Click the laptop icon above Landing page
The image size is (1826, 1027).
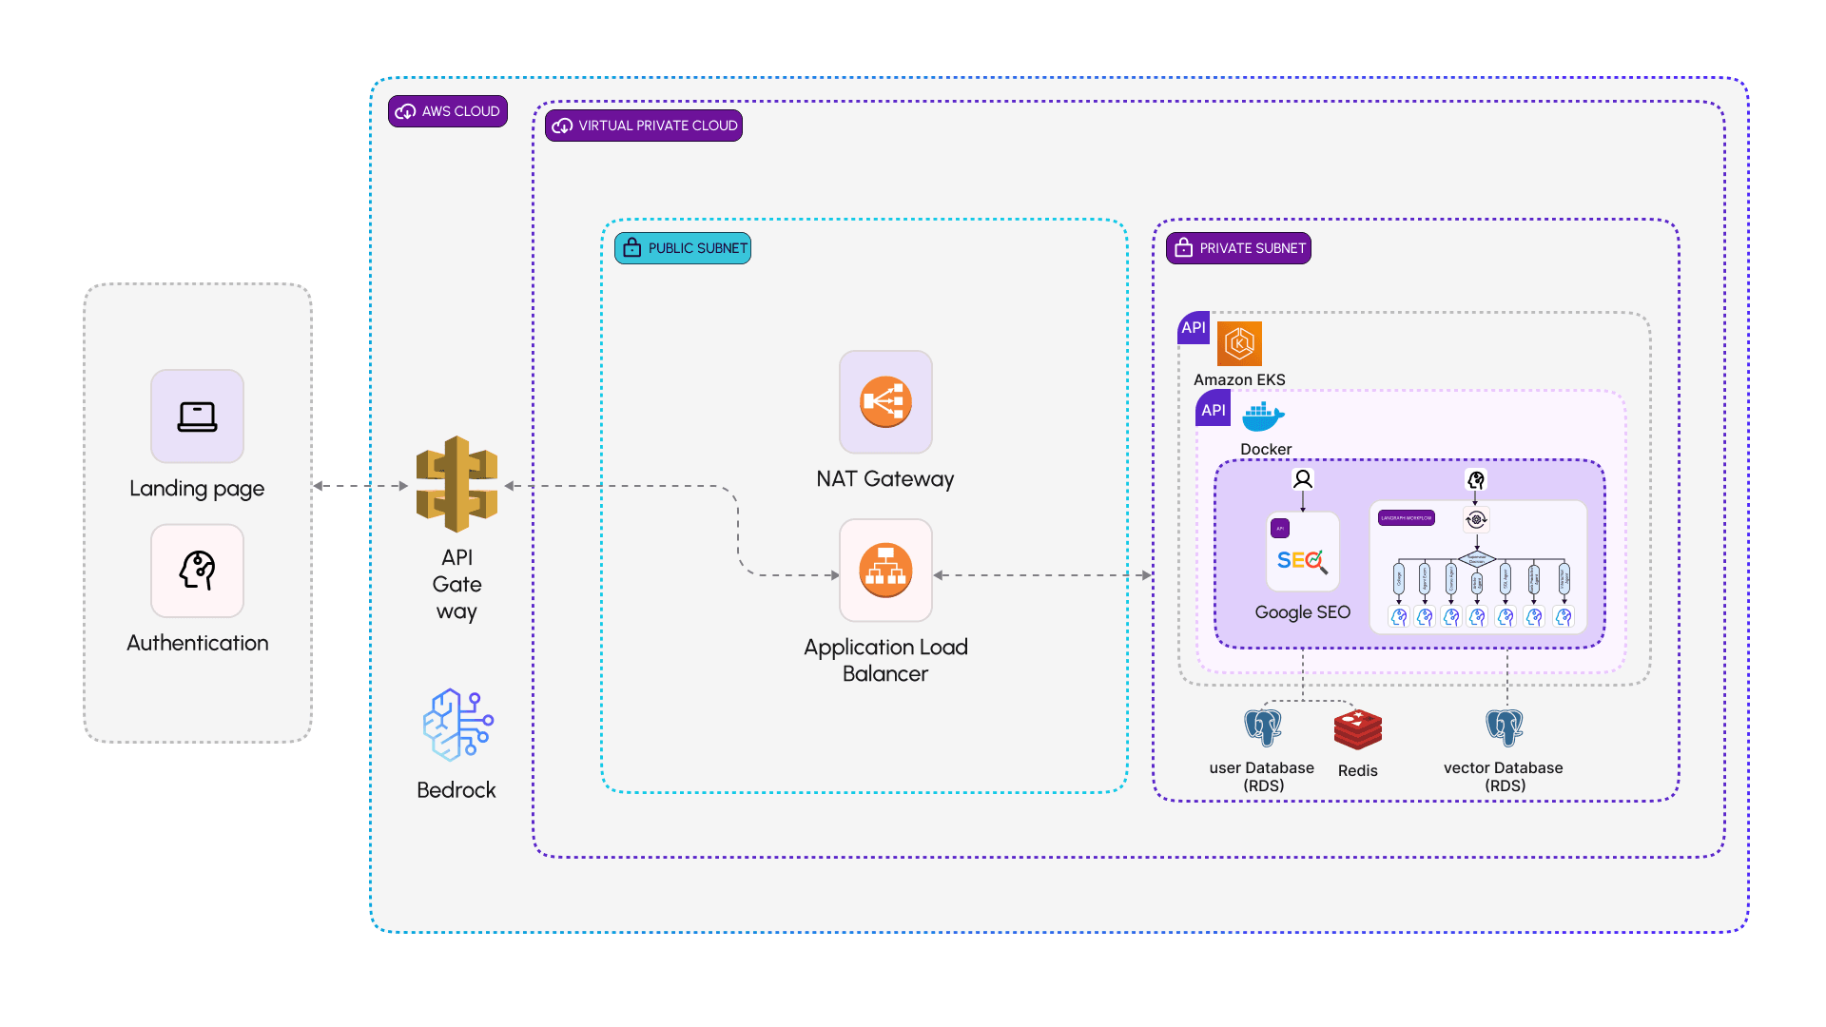(197, 417)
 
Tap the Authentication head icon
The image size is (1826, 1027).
(197, 571)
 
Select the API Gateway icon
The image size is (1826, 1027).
(456, 484)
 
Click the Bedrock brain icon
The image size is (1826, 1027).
(457, 725)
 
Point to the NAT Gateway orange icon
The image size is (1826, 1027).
(885, 402)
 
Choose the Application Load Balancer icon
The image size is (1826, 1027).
(885, 570)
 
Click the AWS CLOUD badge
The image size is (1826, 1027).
(448, 111)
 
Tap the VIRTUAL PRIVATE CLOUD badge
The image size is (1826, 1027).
(644, 126)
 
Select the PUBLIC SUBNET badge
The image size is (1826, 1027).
(683, 248)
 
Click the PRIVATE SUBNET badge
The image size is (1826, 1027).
(1238, 248)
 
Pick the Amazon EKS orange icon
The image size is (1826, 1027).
(1239, 343)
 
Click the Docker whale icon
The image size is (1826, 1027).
(1263, 416)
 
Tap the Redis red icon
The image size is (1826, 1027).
(1357, 729)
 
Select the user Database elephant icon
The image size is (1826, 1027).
(1263, 727)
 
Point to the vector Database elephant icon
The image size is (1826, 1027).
(1505, 727)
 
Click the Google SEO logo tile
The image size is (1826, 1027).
(1302, 552)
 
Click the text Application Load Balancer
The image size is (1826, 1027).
(885, 660)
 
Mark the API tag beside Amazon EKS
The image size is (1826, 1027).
(1194, 327)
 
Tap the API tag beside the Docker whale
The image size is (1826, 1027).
(1213, 410)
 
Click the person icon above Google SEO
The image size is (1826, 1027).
(1303, 478)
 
